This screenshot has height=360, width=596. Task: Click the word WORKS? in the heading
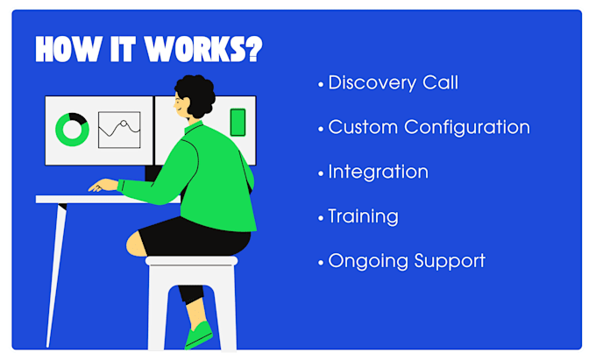tap(203, 49)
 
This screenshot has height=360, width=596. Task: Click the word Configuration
tap(467, 128)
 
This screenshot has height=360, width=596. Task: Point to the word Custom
tap(363, 127)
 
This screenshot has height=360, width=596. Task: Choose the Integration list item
tap(379, 172)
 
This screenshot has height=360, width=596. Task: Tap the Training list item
tap(364, 217)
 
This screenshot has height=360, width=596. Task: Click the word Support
tap(450, 261)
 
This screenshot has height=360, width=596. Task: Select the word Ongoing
tap(368, 261)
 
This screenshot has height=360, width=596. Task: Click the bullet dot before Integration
tap(321, 174)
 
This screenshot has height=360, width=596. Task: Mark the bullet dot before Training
tap(321, 218)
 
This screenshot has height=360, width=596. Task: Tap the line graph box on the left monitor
tap(119, 130)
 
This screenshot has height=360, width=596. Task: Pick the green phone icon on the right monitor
tap(238, 123)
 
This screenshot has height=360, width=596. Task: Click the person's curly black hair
tap(195, 95)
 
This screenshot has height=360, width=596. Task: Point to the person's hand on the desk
tap(103, 186)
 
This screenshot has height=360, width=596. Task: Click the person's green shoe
tap(199, 335)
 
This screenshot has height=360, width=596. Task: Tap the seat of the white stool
tap(192, 261)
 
